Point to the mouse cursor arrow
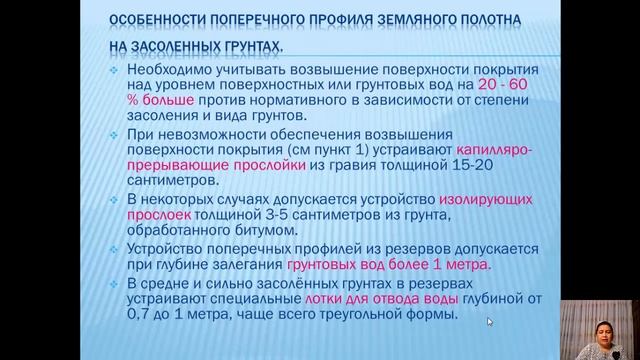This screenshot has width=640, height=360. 490,322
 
